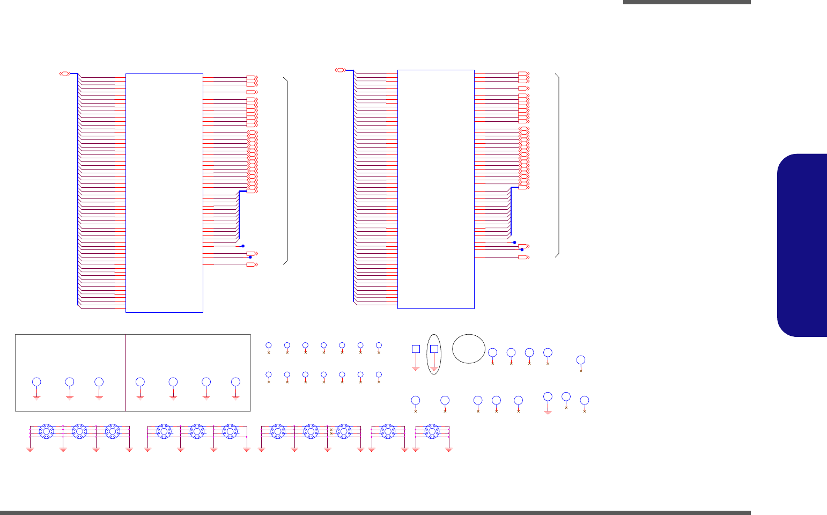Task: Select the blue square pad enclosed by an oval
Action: tap(434, 349)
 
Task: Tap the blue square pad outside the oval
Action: tap(415, 349)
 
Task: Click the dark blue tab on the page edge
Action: tap(802, 245)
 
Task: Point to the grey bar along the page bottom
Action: tap(375, 513)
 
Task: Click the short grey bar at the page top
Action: tap(686, 2)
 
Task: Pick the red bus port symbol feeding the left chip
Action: tap(64, 73)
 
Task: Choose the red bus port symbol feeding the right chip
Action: tap(340, 70)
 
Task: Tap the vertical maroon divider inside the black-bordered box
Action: tap(125, 372)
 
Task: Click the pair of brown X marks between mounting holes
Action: tap(331, 431)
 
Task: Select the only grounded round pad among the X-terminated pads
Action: tap(548, 396)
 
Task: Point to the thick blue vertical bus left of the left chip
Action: tap(78, 188)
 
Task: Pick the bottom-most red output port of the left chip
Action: tap(252, 264)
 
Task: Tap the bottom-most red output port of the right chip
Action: tap(523, 257)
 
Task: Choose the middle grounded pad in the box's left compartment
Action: tap(69, 381)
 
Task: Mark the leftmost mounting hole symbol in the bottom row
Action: tap(47, 431)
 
